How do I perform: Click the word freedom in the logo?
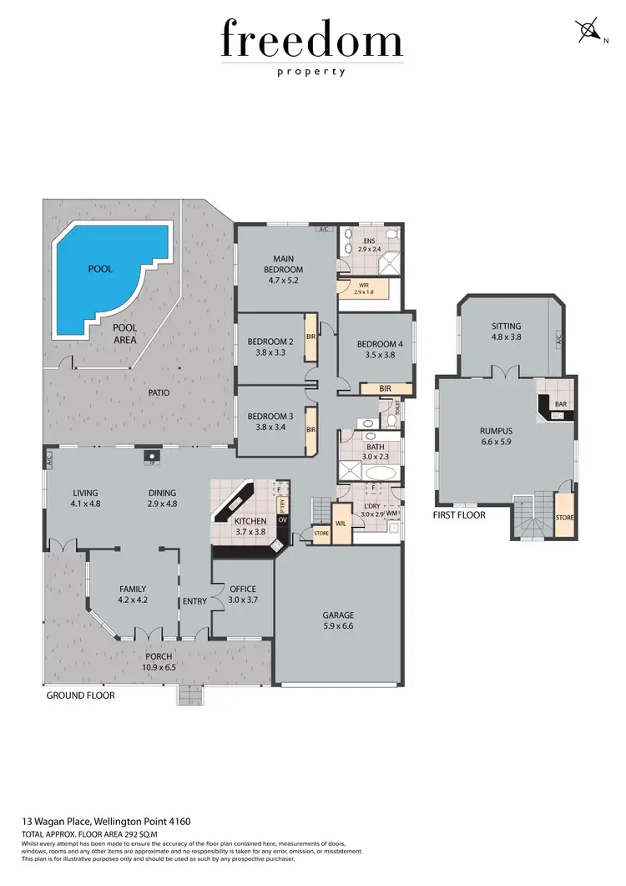[312, 40]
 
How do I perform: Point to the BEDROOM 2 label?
[270, 342]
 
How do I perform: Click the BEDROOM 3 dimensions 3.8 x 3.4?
[270, 428]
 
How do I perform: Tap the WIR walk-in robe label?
[361, 284]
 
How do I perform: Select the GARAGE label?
[338, 615]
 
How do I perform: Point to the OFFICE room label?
[243, 589]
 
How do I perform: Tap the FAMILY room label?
[133, 589]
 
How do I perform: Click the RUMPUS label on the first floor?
[495, 432]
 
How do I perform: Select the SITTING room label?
[506, 327]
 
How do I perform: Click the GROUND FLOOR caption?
[80, 695]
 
